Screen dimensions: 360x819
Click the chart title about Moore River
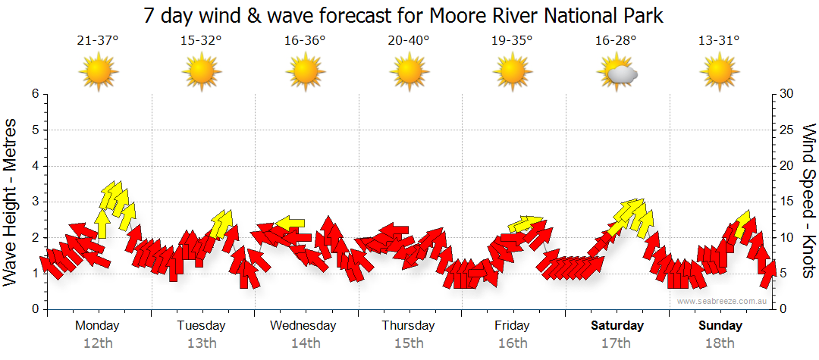pyautogui.click(x=403, y=15)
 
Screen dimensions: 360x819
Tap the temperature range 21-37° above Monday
pyautogui.click(x=98, y=42)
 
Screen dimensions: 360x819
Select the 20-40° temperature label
pyautogui.click(x=408, y=42)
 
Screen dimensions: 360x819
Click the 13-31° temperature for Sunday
pyautogui.click(x=719, y=42)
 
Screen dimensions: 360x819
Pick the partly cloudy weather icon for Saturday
pyautogui.click(x=617, y=74)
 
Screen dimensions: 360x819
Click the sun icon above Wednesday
pyautogui.click(x=305, y=74)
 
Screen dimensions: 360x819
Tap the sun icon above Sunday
pyautogui.click(x=719, y=74)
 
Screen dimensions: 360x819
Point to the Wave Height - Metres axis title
pyautogui.click(x=11, y=201)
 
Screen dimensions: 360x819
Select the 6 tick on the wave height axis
pyautogui.click(x=35, y=94)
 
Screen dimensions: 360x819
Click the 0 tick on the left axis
pyautogui.click(x=35, y=309)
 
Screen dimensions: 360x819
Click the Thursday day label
pyautogui.click(x=408, y=326)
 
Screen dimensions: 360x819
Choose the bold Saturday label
pyautogui.click(x=617, y=326)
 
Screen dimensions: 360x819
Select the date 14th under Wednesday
pyautogui.click(x=305, y=343)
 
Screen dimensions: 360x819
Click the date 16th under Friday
pyautogui.click(x=512, y=343)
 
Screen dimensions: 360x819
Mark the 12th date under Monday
pyautogui.click(x=98, y=343)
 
